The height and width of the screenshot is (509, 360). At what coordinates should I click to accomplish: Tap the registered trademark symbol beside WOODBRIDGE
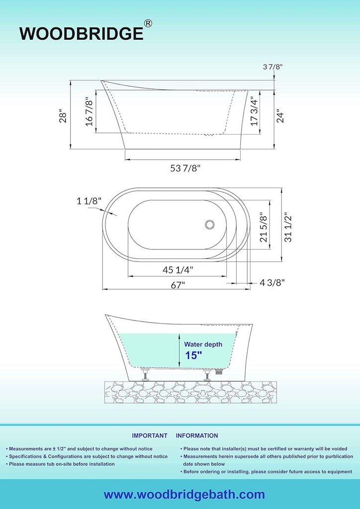[148, 23]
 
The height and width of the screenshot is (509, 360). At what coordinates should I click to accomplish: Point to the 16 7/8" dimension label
[90, 112]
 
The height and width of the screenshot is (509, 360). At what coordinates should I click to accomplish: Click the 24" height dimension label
[281, 115]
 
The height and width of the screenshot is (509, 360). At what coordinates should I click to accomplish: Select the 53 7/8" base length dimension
[185, 168]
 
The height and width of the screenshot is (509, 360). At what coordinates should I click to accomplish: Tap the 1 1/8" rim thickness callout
[89, 201]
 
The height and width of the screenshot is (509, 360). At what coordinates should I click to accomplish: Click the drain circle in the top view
[210, 225]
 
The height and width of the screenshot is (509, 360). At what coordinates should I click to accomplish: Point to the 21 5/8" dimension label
[264, 227]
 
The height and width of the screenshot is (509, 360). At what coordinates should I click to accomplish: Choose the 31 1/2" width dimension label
[288, 227]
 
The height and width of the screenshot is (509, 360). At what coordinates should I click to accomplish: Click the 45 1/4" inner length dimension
[178, 269]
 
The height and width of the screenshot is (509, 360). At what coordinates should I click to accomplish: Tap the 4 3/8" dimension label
[272, 282]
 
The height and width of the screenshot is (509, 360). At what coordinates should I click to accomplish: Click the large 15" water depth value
[193, 355]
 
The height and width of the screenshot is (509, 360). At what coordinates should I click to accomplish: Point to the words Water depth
[203, 344]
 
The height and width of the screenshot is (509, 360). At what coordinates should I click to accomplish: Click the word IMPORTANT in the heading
[149, 435]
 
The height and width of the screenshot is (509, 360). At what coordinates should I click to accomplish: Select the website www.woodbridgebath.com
[184, 494]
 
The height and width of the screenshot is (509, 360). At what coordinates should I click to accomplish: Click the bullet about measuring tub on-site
[62, 464]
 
